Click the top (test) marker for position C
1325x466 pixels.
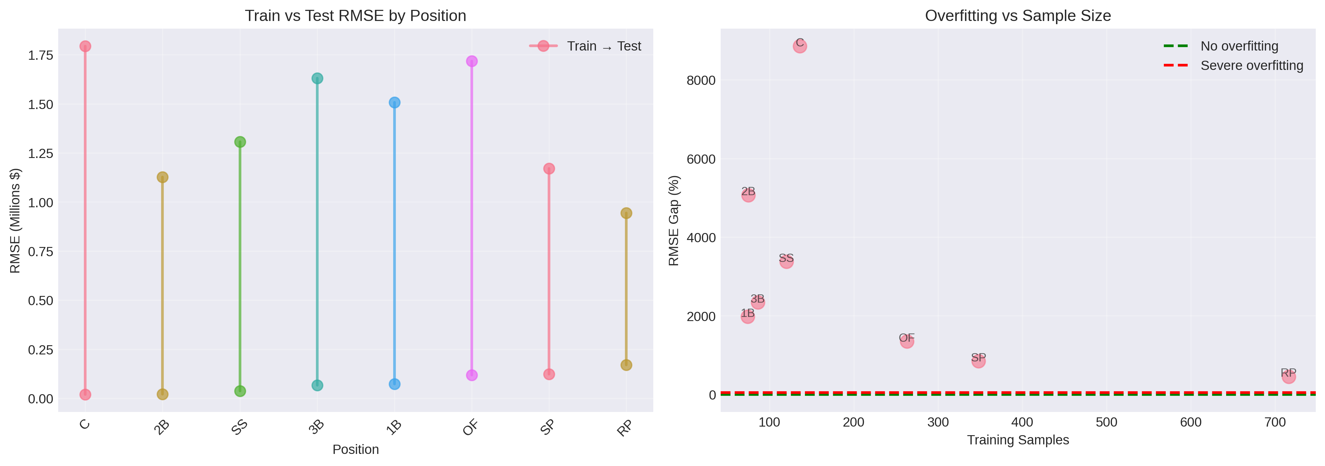(x=86, y=46)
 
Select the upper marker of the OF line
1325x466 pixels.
(x=472, y=61)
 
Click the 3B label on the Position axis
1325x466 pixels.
(x=316, y=427)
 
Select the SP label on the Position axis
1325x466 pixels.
(x=548, y=427)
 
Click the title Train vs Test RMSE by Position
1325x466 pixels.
(x=355, y=16)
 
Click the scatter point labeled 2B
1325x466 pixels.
(x=748, y=195)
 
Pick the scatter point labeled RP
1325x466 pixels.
(x=1288, y=377)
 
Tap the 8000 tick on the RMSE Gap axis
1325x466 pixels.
(x=701, y=80)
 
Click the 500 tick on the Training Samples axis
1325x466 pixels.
(x=1106, y=422)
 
